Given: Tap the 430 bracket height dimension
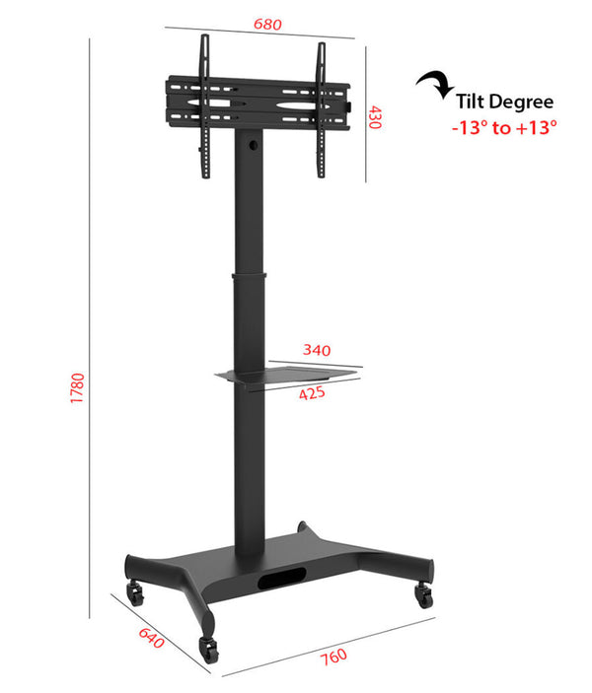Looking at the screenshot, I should point(375,117).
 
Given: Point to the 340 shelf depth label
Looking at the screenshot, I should point(317,349).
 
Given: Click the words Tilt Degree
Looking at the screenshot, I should point(504,102).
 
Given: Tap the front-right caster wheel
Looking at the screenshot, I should point(424,595).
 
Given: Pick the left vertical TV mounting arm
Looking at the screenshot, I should point(205,106).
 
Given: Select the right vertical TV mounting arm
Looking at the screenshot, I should point(321,110).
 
